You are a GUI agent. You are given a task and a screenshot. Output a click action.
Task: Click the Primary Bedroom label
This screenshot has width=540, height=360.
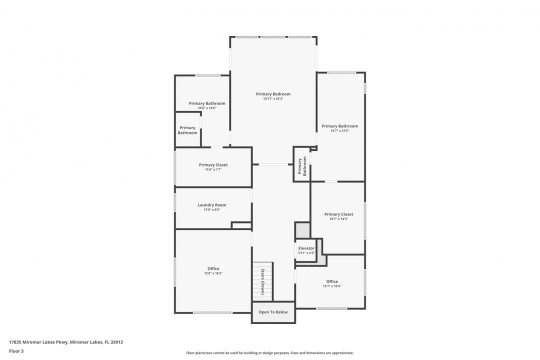(x=273, y=94)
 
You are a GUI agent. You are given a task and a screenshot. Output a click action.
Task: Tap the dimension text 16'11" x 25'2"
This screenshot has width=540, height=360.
(x=273, y=99)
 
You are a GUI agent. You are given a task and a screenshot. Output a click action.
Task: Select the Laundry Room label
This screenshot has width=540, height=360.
(x=212, y=205)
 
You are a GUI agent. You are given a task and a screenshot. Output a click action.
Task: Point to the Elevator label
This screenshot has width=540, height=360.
(x=306, y=248)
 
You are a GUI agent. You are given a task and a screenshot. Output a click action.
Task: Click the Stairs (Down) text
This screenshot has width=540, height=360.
(x=262, y=282)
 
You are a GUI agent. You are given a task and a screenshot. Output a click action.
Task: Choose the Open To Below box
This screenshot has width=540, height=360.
(x=273, y=312)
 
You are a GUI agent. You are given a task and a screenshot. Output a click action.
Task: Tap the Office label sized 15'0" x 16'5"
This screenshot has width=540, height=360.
(x=213, y=268)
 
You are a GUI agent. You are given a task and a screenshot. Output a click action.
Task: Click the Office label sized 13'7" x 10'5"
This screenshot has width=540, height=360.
(x=332, y=281)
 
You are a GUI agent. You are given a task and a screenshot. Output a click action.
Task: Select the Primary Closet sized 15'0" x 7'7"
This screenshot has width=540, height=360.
(x=213, y=165)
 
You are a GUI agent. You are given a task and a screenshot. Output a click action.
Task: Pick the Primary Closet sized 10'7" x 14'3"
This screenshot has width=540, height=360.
(x=338, y=214)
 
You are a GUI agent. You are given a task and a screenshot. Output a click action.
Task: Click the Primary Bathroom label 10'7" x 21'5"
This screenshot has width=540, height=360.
(x=339, y=126)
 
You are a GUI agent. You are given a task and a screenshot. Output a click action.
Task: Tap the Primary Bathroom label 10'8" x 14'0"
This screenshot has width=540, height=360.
(x=207, y=103)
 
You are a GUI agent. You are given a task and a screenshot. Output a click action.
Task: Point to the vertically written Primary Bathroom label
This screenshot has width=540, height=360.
(x=302, y=166)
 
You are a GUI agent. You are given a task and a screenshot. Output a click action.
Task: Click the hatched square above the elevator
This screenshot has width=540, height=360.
(x=302, y=230)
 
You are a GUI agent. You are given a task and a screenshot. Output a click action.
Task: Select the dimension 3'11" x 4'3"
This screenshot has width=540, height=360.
(x=306, y=253)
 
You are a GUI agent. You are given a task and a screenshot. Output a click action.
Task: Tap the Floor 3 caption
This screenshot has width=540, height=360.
(x=16, y=351)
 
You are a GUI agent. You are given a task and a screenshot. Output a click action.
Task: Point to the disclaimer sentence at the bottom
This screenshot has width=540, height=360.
(x=270, y=353)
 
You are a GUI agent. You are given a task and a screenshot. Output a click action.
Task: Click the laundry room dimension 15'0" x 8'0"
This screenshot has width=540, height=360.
(x=212, y=210)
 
